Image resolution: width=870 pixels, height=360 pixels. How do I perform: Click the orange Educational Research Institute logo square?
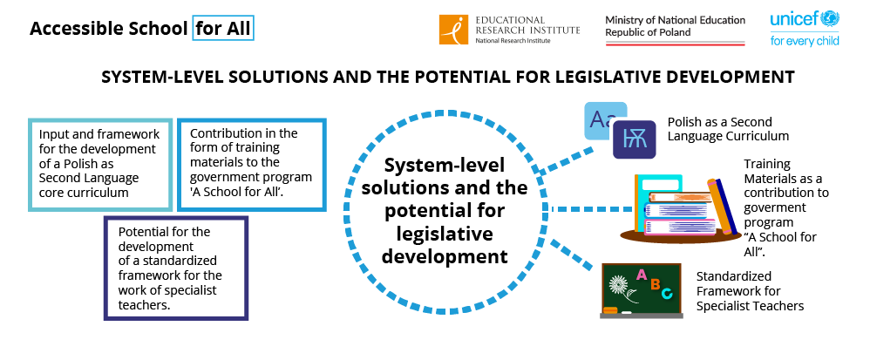pos(454,30)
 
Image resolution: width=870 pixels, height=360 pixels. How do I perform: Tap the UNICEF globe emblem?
pos(831,18)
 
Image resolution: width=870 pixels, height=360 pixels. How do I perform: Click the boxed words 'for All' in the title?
pos(223,28)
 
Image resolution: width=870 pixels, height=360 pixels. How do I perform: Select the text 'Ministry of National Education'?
pos(676,20)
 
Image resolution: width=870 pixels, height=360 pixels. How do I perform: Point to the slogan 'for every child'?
pos(805,40)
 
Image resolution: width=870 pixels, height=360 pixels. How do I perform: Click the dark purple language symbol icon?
pos(634,139)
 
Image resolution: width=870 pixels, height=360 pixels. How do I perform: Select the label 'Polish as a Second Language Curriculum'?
pos(728,129)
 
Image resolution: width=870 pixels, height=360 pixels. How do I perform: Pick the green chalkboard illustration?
pos(642,290)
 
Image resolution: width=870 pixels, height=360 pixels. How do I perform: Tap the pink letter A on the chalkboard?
pos(642,274)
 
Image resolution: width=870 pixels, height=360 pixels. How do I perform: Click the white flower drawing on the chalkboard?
pos(619,285)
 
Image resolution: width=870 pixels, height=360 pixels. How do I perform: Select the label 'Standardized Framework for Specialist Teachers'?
pos(751,290)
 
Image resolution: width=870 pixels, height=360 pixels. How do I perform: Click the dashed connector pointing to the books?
pos(592,209)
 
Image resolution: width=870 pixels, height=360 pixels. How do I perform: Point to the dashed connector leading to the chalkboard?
pos(573,255)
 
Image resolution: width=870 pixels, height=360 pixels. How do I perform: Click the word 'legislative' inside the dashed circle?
pos(445,234)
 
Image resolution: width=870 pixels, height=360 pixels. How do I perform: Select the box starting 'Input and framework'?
pos(100,164)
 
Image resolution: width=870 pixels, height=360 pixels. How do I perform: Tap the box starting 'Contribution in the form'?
pos(251,164)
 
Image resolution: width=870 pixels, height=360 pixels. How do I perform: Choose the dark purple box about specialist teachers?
pos(176,268)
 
